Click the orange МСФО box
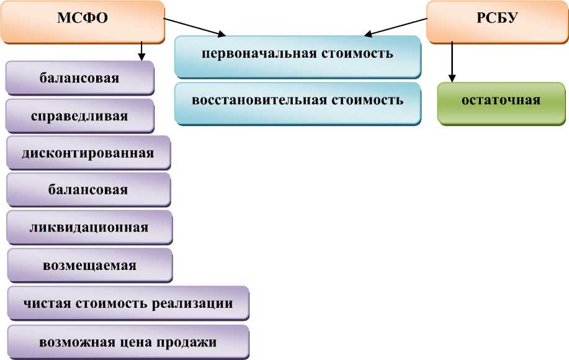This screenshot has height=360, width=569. coord(83,19)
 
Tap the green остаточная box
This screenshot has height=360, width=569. coord(501,101)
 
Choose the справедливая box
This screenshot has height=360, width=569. coord(79,116)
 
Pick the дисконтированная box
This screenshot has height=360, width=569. coord(87,152)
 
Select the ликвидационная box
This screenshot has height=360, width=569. coord(89,227)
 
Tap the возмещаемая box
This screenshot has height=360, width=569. coord(89,265)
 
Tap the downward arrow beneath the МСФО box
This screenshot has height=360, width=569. coord(142,50)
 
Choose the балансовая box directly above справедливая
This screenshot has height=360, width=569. coord(79,79)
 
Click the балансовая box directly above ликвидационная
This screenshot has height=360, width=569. coord(88,189)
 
